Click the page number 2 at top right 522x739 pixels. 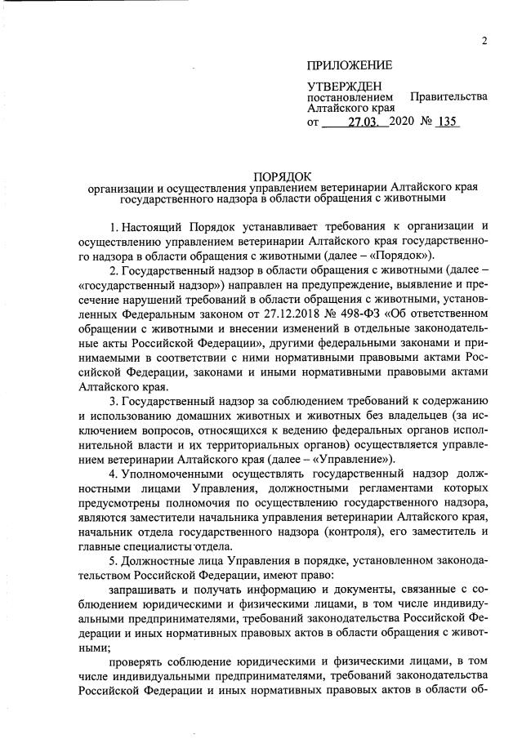484,42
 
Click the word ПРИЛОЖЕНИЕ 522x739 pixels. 349,65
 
